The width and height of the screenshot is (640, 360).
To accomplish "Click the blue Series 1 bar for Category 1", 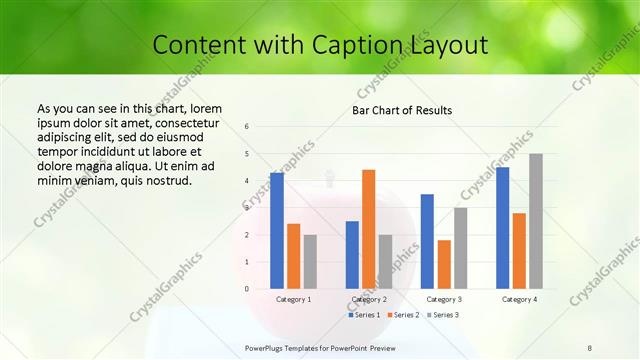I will click(x=277, y=231).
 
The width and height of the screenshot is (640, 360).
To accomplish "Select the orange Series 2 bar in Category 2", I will click(x=368, y=229).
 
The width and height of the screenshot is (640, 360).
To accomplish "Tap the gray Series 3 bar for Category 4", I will click(x=536, y=221).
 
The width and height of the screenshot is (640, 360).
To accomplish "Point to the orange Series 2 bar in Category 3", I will click(x=444, y=264).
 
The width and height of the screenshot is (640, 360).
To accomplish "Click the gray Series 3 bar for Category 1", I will click(x=310, y=262).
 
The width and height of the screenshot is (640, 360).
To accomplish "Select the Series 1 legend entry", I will click(x=365, y=315).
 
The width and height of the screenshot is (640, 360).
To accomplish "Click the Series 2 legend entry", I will click(x=402, y=315).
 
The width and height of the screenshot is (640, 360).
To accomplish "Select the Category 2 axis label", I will click(x=368, y=299).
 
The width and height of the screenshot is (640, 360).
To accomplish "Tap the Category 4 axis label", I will click(x=519, y=299).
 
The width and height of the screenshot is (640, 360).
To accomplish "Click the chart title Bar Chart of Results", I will click(x=402, y=109).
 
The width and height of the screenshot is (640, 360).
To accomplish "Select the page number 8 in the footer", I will click(x=589, y=347).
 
